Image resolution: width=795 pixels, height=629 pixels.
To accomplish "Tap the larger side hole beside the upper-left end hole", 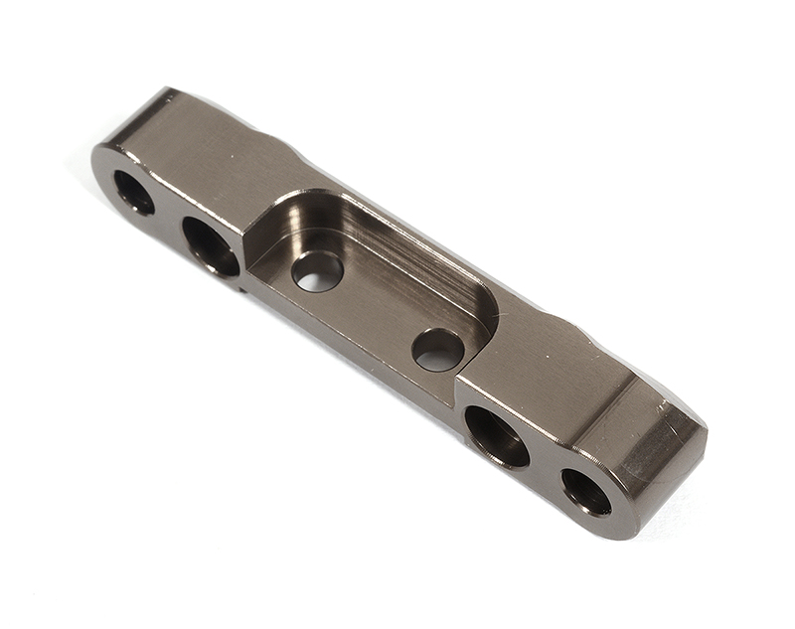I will pos(211,245).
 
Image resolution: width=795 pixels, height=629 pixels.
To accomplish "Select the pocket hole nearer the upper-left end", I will pos(317,271).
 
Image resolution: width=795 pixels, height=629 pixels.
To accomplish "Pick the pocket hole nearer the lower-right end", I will pos(438,350).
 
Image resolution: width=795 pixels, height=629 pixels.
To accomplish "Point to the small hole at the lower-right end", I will pos(586,491).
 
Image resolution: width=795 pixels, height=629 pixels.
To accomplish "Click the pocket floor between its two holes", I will pos(378,308).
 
